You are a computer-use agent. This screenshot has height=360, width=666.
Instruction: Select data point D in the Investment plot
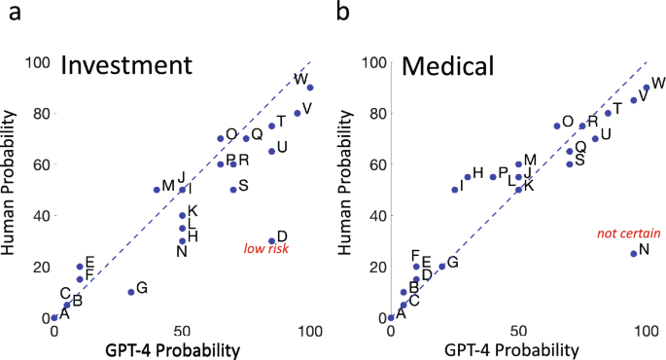pyautogui.click(x=271, y=241)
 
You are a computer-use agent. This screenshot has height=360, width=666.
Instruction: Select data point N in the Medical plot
pyautogui.click(x=633, y=253)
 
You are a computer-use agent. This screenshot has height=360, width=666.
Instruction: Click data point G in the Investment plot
pyautogui.click(x=131, y=292)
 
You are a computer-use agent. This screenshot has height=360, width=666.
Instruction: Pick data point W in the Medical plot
pyautogui.click(x=646, y=88)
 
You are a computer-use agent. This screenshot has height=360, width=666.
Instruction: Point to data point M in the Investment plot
pyautogui.click(x=157, y=190)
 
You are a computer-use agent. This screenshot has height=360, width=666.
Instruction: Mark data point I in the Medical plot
pyautogui.click(x=454, y=190)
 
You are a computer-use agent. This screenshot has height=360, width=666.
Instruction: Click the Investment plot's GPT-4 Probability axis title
pyautogui.click(x=182, y=349)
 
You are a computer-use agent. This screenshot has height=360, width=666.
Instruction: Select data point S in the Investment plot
pyautogui.click(x=233, y=190)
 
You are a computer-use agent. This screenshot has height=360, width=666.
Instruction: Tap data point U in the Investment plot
pyautogui.click(x=271, y=151)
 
